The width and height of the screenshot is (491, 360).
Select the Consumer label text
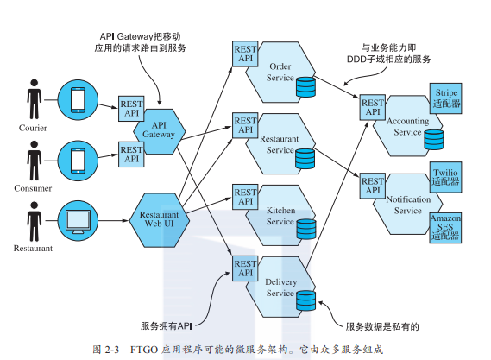point(34,187)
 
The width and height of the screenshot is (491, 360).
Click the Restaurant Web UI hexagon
point(159,218)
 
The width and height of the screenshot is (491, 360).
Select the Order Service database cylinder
point(305,87)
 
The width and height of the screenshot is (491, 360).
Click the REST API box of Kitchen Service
point(246,196)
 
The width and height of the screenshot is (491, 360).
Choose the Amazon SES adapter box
point(445,227)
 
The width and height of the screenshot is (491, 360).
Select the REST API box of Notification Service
point(373,187)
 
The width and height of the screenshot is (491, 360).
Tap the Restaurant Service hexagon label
point(280,144)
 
